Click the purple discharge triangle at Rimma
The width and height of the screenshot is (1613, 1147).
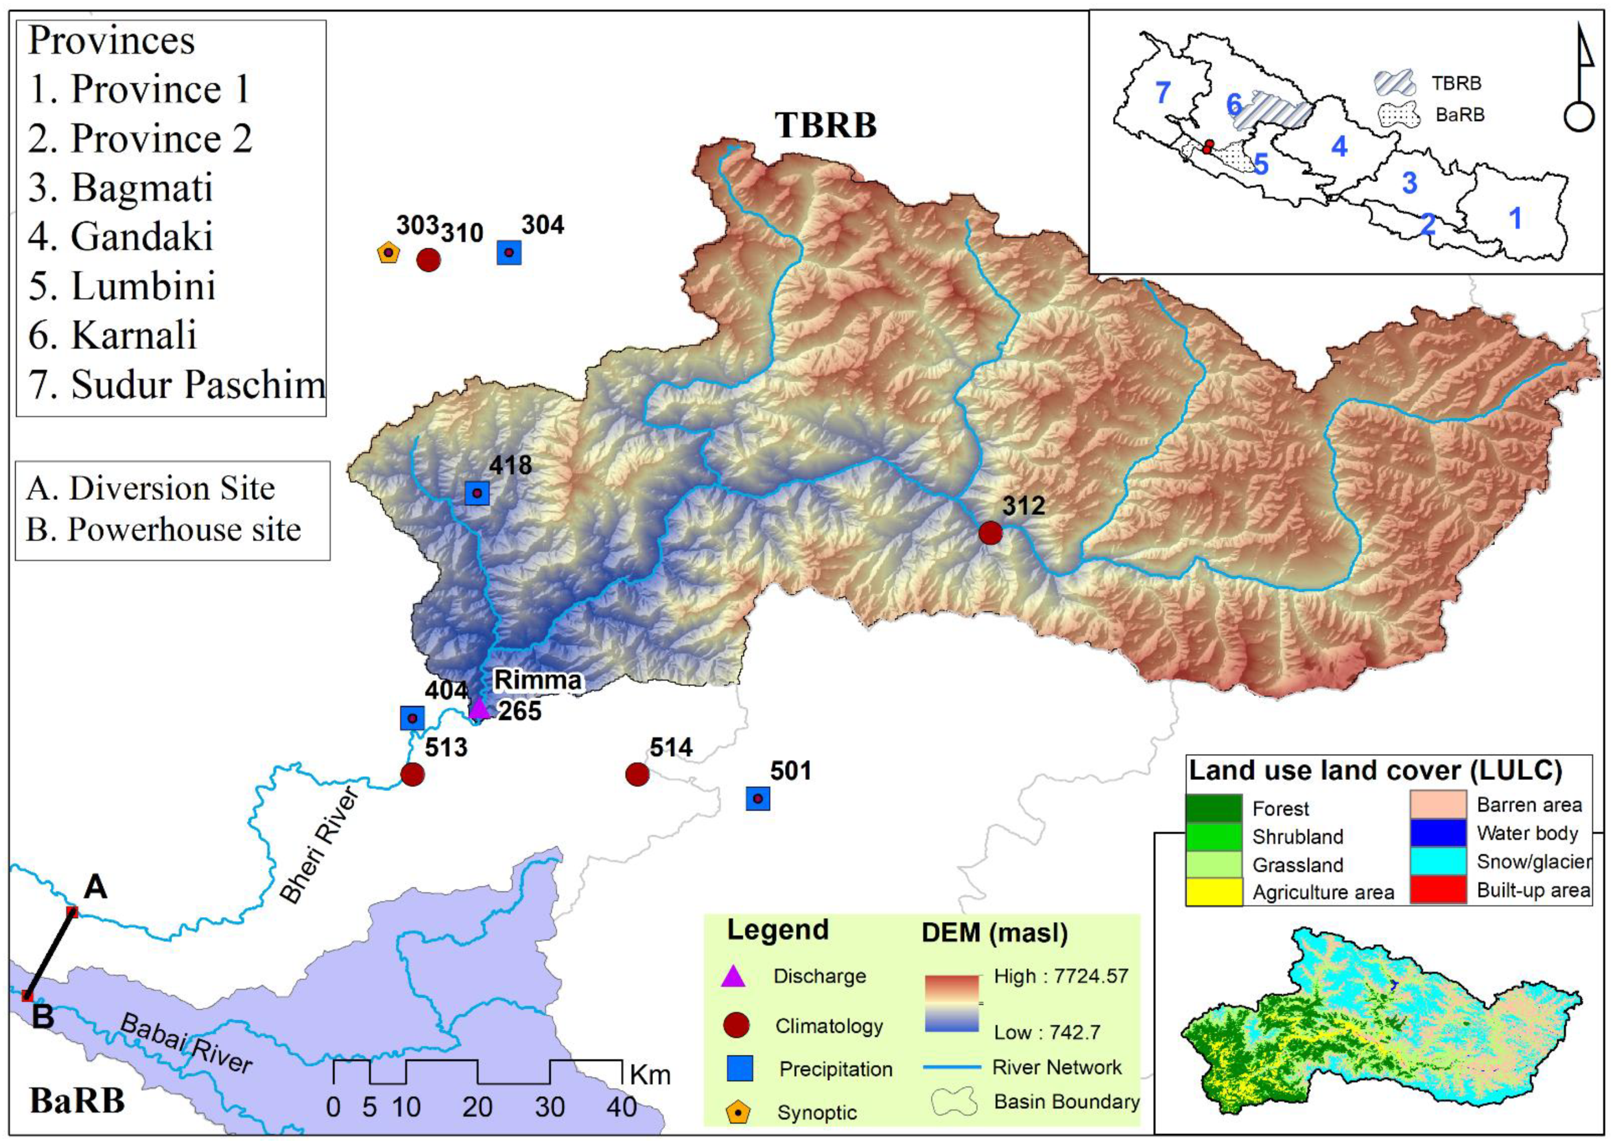click(479, 708)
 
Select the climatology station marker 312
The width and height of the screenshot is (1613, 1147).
click(990, 533)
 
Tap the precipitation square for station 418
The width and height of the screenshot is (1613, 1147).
click(477, 493)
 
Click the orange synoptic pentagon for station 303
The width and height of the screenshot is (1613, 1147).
click(388, 253)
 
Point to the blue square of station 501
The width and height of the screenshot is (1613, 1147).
click(758, 799)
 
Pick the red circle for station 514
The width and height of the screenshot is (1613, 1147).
click(637, 774)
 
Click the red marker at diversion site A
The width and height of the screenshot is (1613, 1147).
click(71, 912)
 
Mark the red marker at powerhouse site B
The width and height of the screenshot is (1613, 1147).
click(27, 996)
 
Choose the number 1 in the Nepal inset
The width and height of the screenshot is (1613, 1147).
click(1515, 218)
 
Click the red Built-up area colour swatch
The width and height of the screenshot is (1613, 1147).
click(1438, 890)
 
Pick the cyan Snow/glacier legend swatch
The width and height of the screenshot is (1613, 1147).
click(1438, 862)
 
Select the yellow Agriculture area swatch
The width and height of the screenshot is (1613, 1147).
click(1213, 892)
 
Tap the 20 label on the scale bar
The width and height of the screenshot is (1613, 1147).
click(477, 1107)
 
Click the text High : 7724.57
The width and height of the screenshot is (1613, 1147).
click(1061, 976)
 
